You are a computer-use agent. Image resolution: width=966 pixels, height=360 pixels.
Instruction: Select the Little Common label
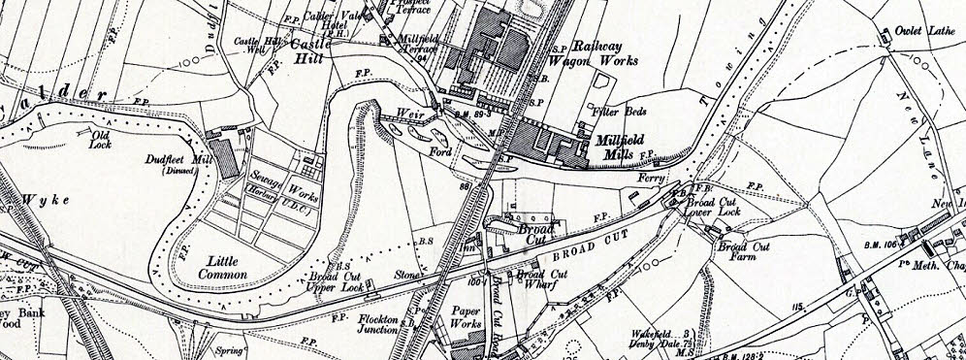pos(221,267)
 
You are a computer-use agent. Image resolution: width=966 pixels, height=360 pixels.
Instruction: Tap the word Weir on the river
pos(405,113)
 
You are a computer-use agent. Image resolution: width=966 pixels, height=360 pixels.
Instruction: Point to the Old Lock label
pos(102,140)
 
